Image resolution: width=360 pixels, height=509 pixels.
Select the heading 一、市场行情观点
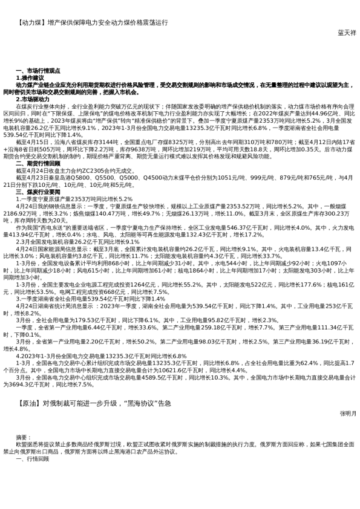tap(38, 71)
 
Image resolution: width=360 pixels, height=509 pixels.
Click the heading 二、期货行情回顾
tap(38, 163)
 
